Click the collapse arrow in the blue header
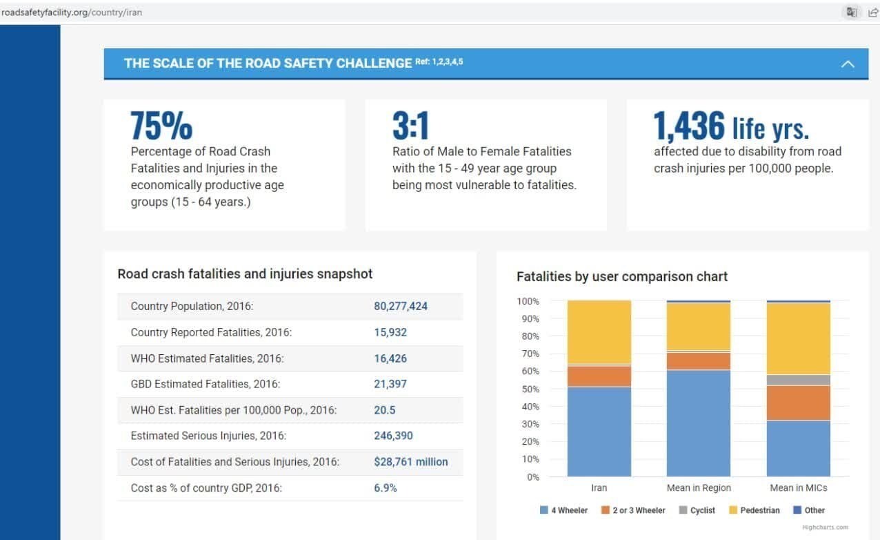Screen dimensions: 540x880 click(x=848, y=64)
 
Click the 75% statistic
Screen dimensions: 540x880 click(x=161, y=126)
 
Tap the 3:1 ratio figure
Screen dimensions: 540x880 click(x=410, y=126)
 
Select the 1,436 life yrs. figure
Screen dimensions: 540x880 click(x=731, y=126)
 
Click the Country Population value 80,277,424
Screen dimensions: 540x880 click(x=401, y=306)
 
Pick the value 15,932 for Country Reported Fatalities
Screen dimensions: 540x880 click(x=390, y=332)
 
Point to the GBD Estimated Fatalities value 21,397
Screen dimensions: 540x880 click(x=390, y=384)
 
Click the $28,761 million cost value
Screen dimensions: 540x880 click(x=410, y=462)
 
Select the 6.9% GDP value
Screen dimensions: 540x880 click(x=386, y=488)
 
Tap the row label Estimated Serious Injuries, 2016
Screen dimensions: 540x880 click(x=208, y=436)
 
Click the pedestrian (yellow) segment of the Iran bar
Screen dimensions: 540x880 click(x=599, y=331)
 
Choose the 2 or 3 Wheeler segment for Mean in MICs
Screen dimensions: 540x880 click(x=798, y=403)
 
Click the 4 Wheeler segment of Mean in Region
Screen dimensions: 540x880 click(x=698, y=423)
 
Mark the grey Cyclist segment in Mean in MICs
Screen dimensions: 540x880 click(x=798, y=380)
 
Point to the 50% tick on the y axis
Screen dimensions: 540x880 click(x=528, y=389)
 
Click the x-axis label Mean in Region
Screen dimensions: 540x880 click(x=698, y=488)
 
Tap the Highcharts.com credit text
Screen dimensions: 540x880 click(x=825, y=528)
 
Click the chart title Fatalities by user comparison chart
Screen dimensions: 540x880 click(x=621, y=277)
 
